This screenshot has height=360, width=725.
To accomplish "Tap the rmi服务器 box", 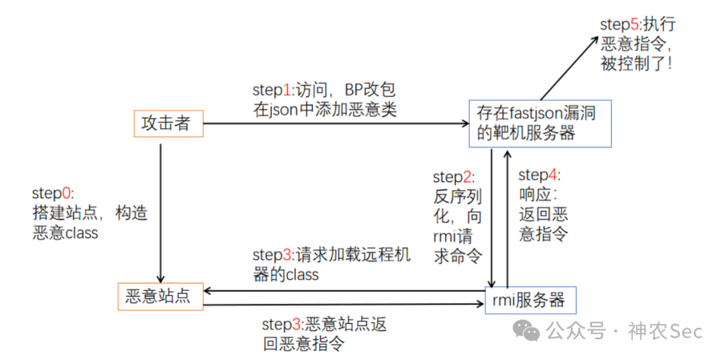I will (530, 300).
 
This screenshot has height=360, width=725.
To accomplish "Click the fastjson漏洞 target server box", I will (540, 124).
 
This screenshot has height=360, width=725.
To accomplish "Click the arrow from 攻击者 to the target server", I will (336, 124).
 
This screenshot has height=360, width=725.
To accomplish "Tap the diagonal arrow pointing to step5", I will (570, 67).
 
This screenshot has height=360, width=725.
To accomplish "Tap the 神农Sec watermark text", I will (665, 331).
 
